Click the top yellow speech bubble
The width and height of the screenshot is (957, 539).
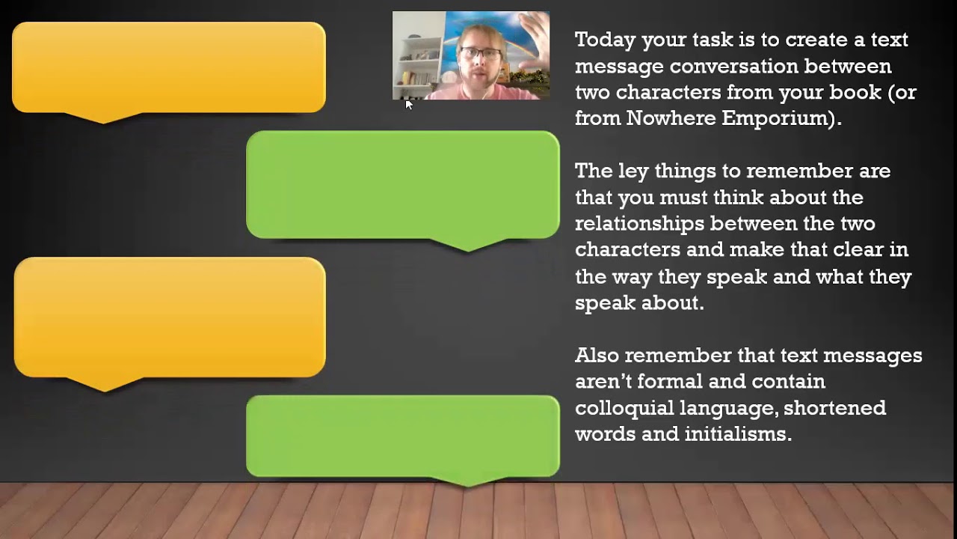pos(169,67)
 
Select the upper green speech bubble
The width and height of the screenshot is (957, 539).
pos(402,185)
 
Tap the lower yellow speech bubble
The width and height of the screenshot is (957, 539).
pos(170,317)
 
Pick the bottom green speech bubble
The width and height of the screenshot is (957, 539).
pos(402,436)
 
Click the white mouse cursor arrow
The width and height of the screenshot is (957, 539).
pos(408,105)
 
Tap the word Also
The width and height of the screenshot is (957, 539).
pos(597,355)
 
